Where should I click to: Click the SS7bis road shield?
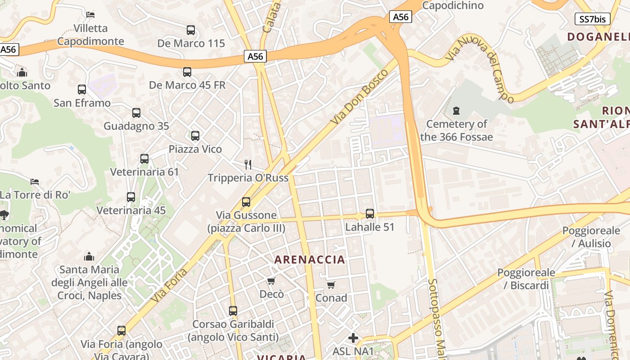pyautogui.click(x=593, y=19)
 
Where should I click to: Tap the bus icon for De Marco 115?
pyautogui.click(x=191, y=30)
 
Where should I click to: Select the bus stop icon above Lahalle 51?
pyautogui.click(x=370, y=214)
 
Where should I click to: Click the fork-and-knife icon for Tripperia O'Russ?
pyautogui.click(x=247, y=164)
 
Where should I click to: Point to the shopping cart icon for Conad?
pyautogui.click(x=331, y=285)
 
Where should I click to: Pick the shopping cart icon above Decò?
pyautogui.click(x=271, y=281)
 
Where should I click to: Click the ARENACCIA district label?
pyautogui.click(x=310, y=260)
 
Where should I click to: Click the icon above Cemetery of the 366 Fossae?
pyautogui.click(x=456, y=111)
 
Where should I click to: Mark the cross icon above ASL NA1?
pyautogui.click(x=353, y=337)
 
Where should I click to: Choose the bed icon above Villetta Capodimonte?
pyautogui.click(x=90, y=15)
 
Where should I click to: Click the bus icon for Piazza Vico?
pyautogui.click(x=195, y=135)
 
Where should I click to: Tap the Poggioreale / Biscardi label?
pyautogui.click(x=526, y=279)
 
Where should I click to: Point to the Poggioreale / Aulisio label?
pyautogui.click(x=591, y=237)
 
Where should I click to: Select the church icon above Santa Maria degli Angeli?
pyautogui.click(x=89, y=256)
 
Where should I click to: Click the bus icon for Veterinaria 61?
pyautogui.click(x=144, y=158)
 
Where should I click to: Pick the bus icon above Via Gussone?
pyautogui.click(x=246, y=202)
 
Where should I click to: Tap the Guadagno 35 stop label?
pyautogui.click(x=136, y=126)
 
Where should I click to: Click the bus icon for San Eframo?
pyautogui.click(x=82, y=90)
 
